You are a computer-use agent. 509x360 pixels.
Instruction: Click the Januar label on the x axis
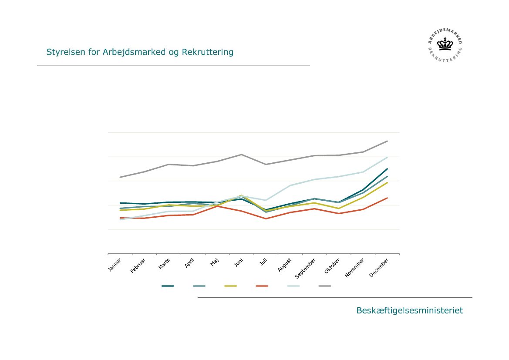click(115, 265)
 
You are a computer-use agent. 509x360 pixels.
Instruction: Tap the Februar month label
click(138, 266)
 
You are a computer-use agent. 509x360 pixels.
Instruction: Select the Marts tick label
click(164, 264)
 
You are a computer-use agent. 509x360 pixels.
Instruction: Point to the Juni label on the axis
click(238, 263)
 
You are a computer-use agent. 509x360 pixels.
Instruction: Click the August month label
click(285, 265)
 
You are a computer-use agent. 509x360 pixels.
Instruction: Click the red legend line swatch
click(262, 286)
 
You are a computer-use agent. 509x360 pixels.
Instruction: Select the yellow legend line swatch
click(231, 286)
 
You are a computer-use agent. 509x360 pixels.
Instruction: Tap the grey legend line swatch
click(325, 286)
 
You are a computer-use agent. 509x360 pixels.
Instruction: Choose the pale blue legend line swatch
click(293, 286)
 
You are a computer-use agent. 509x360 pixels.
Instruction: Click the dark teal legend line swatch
click(168, 286)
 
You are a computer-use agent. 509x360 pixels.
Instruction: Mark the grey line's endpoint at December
click(387, 141)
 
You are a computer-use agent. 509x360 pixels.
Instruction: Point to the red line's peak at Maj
click(217, 206)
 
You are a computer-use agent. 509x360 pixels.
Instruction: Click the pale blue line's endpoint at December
click(387, 157)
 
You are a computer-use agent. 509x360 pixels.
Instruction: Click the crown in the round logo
click(445, 44)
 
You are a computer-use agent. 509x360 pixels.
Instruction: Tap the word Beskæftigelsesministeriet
click(409, 311)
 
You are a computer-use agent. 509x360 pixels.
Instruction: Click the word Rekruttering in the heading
click(208, 52)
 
